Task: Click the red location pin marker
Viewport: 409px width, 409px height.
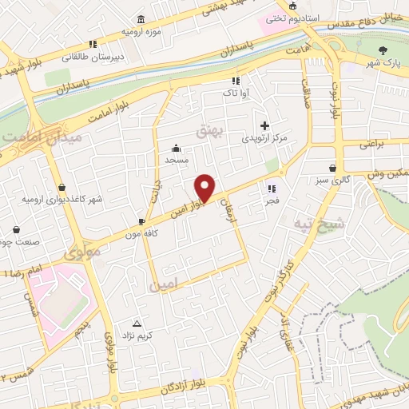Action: click(205, 188)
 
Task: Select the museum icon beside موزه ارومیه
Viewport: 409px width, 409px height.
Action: click(141, 19)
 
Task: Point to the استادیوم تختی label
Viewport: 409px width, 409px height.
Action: click(294, 16)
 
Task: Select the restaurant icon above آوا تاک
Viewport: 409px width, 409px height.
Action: click(235, 81)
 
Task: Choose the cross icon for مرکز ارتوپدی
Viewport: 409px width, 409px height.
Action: click(265, 125)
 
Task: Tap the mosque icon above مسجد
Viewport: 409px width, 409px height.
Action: click(177, 148)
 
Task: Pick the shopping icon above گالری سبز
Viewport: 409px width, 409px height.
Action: click(332, 168)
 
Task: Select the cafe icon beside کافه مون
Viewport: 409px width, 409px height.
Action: click(141, 221)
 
